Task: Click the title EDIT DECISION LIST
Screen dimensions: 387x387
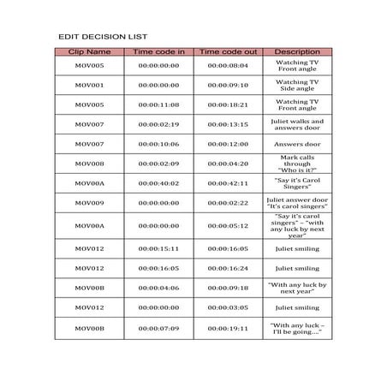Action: click(x=103, y=38)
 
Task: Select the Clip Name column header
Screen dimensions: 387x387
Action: click(x=89, y=52)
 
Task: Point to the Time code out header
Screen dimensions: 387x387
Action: click(x=227, y=52)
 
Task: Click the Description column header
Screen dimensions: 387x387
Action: click(x=297, y=52)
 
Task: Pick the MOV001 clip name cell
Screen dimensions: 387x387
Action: click(x=89, y=85)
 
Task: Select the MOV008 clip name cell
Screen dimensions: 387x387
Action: click(x=89, y=164)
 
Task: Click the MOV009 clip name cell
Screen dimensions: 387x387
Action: click(x=89, y=203)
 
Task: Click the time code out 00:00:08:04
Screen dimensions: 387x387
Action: click(x=227, y=65)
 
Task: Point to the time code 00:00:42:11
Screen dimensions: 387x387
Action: click(x=227, y=183)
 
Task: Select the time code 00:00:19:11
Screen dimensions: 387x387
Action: click(x=227, y=328)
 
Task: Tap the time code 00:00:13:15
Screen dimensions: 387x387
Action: click(x=227, y=124)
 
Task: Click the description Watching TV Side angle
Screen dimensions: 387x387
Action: click(x=297, y=85)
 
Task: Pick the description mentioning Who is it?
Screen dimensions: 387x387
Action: click(x=297, y=164)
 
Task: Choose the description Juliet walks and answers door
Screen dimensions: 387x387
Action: click(x=297, y=124)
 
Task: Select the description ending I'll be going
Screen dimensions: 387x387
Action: click(x=297, y=328)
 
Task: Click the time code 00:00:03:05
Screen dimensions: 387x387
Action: click(x=227, y=307)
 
